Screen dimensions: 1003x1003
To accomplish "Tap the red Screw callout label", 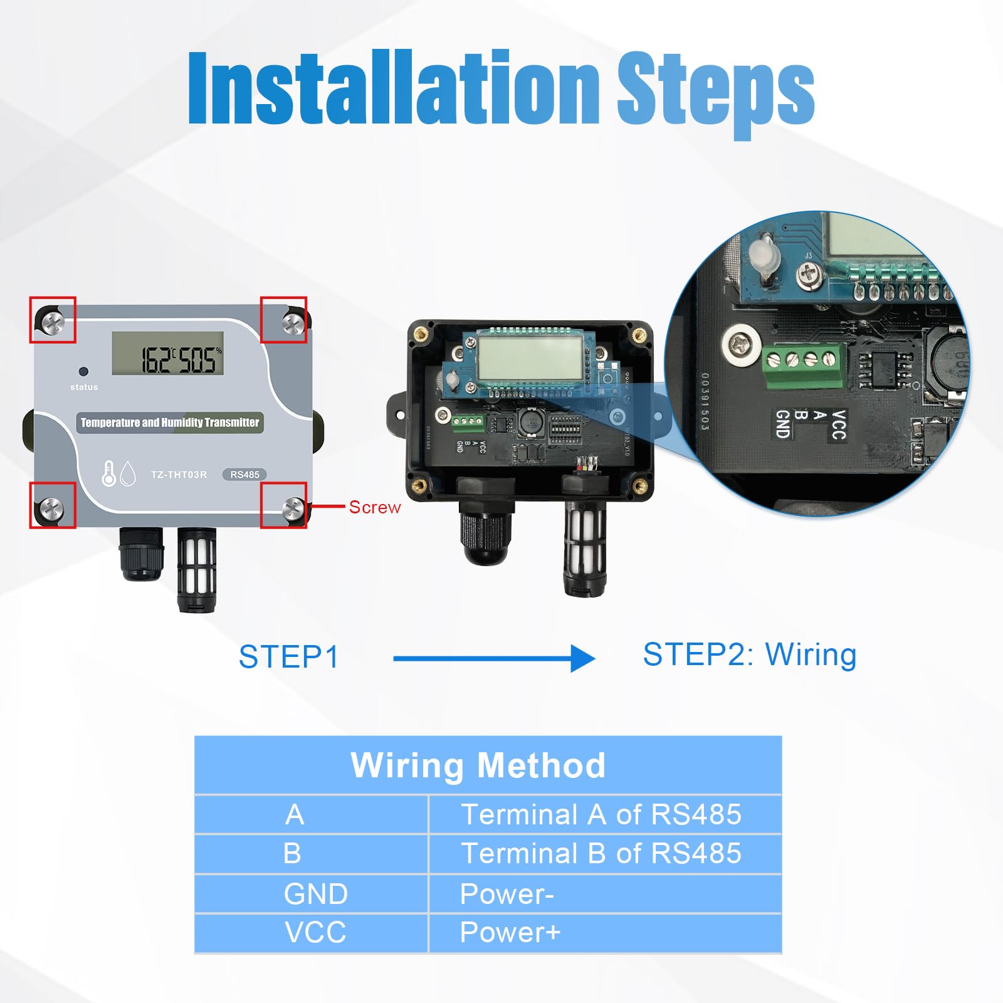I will pos(374,507).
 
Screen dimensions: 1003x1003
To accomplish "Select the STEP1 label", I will pos(288,657).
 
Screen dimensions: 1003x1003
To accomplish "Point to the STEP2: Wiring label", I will pos(749,654).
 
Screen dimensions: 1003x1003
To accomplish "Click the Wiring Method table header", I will pos(478,765).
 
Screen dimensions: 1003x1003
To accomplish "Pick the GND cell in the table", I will pos(315,894).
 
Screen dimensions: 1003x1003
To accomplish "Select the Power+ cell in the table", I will pos(510,933).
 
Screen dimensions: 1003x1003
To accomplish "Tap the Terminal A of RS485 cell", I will pos(601,815).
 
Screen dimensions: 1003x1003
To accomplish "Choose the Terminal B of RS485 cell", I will pos(601,854).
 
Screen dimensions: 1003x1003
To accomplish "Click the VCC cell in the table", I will pos(315,933).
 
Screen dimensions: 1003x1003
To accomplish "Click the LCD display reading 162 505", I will pos(168,354).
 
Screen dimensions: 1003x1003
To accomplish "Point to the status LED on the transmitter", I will pos(83,371).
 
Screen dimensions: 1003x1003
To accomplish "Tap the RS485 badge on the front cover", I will pos(244,475).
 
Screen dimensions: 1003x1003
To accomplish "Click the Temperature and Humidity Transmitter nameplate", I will pos(169,423).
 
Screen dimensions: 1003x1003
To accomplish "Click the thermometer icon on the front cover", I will pos(108,474).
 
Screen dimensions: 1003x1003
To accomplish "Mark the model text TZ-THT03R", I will pos(179,475).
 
